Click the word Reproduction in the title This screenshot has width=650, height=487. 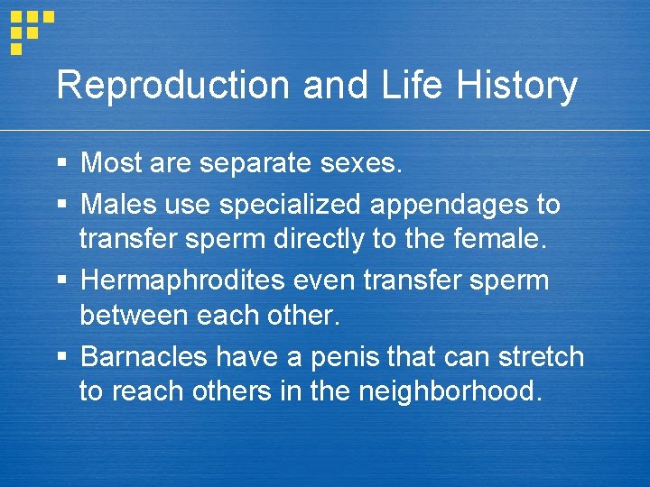[173, 87]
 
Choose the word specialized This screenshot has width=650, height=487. [292, 205]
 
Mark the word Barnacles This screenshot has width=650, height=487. [144, 357]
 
